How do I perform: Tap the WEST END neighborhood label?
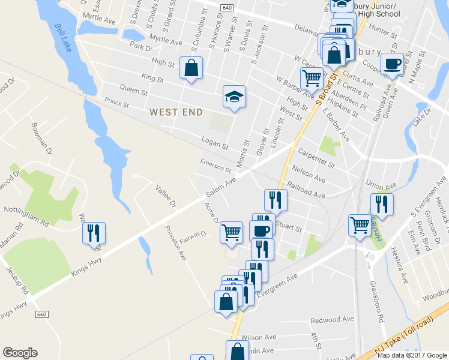176,112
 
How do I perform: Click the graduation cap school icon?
234,96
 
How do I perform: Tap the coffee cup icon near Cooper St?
392,64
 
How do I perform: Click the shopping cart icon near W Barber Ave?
312,77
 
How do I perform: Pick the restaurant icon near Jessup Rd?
93,232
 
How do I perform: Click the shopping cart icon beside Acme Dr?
231,232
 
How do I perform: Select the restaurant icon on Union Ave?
381,204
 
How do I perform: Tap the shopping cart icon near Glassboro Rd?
360,225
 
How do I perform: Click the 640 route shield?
226,7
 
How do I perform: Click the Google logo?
20,353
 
